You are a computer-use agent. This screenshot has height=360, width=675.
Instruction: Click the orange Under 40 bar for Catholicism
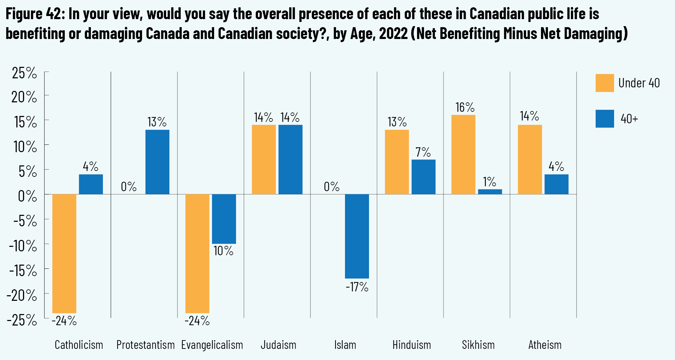click(64, 253)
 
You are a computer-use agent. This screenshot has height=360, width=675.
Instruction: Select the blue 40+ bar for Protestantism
click(157, 162)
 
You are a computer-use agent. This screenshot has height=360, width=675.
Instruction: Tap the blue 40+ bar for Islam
click(357, 236)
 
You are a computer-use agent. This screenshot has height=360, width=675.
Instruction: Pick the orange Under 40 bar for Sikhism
click(463, 155)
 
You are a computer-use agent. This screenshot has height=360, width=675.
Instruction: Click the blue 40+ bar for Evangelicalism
click(224, 219)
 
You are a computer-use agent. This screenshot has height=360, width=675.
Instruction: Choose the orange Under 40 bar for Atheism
click(530, 159)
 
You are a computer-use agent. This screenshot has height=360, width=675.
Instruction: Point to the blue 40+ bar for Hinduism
click(423, 177)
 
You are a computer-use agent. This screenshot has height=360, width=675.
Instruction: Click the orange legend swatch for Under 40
click(604, 83)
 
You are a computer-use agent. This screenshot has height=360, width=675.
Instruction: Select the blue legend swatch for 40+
click(604, 119)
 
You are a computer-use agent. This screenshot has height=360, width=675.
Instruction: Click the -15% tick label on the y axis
click(22, 271)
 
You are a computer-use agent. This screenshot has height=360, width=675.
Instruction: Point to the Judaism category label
click(278, 345)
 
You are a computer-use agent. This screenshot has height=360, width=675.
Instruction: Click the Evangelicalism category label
click(212, 345)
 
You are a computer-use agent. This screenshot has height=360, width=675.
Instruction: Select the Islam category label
click(345, 345)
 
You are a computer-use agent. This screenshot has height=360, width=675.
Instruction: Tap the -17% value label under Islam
click(357, 287)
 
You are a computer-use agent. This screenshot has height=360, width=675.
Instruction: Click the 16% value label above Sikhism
click(465, 107)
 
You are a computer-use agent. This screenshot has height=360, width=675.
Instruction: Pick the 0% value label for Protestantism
click(128, 187)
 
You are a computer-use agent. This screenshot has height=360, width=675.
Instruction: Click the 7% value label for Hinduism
click(423, 152)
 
